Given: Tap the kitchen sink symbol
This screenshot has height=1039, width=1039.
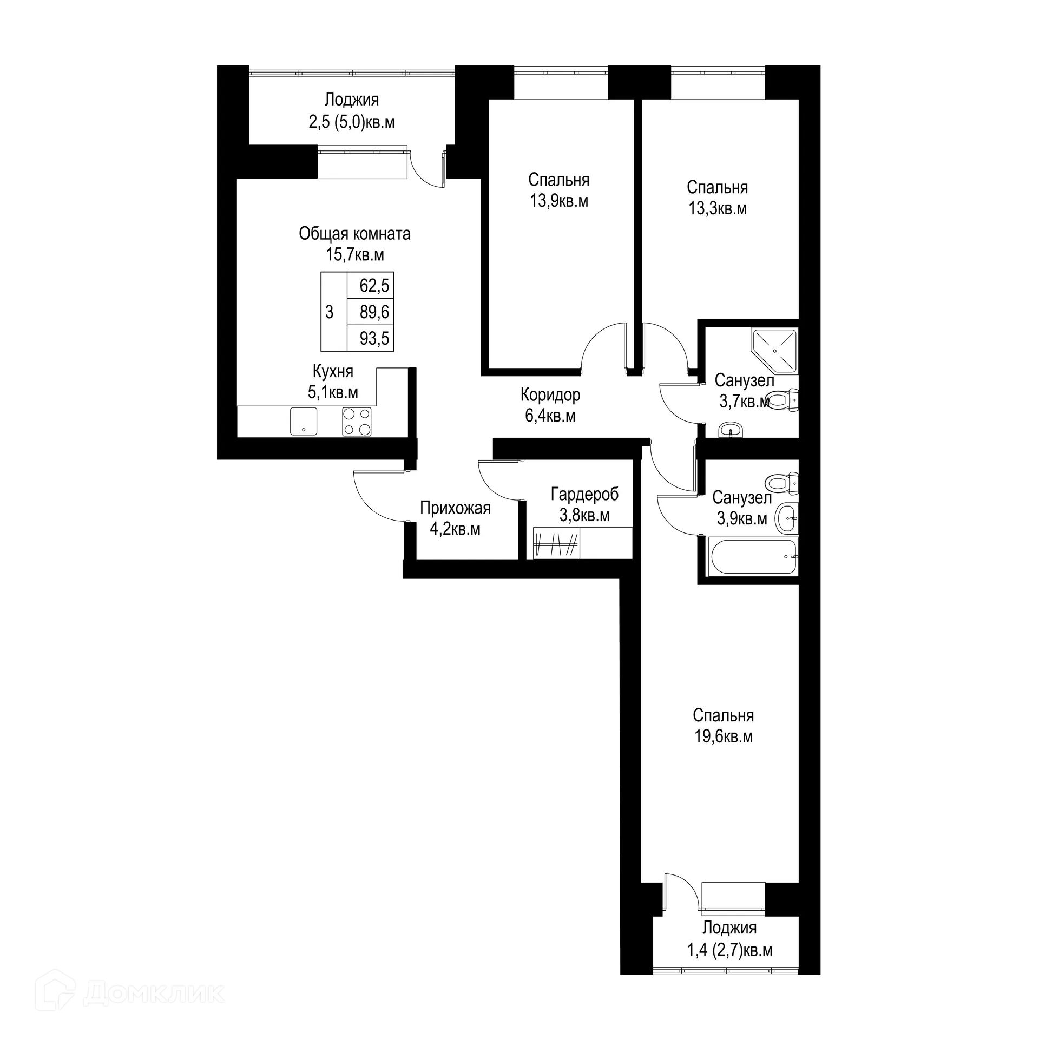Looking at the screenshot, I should click(x=303, y=421).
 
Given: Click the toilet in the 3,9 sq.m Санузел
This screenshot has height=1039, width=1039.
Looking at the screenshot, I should click(x=781, y=482).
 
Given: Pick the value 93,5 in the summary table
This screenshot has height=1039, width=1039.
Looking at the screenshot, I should click(x=374, y=339).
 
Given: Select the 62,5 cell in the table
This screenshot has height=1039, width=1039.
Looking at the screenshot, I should click(x=374, y=285).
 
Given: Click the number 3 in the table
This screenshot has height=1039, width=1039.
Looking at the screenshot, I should click(x=329, y=312).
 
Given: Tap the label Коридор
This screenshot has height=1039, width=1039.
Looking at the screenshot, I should click(x=550, y=395).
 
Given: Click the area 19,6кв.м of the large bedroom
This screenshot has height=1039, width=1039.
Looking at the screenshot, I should click(x=724, y=737).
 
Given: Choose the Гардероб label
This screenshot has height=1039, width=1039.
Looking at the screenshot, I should click(x=584, y=494).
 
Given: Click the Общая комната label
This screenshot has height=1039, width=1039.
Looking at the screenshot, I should click(x=354, y=234).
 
